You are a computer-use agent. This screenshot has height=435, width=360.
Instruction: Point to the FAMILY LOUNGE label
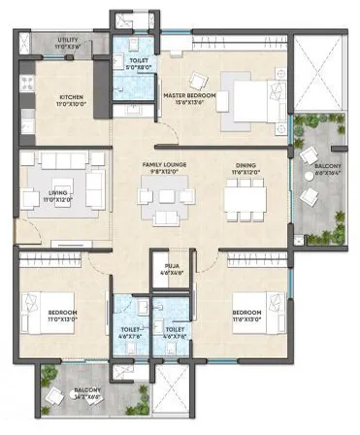(x=164, y=165)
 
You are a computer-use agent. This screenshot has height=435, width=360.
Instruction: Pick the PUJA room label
(x=173, y=263)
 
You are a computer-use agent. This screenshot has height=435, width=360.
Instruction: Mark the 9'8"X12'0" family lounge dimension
(x=164, y=172)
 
